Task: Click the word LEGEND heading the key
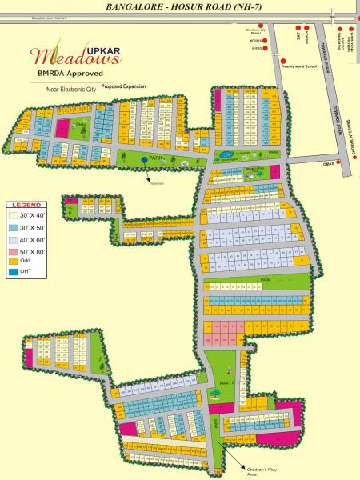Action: tap(26, 206)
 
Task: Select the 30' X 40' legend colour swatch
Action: tap(14, 216)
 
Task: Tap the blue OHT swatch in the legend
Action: tap(14, 273)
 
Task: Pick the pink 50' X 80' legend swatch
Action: tap(14, 250)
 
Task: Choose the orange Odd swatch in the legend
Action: tap(14, 262)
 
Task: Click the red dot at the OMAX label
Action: tap(339, 162)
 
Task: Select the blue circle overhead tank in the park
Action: tap(145, 160)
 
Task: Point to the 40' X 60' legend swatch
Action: tap(14, 239)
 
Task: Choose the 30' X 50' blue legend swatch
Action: tap(14, 228)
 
